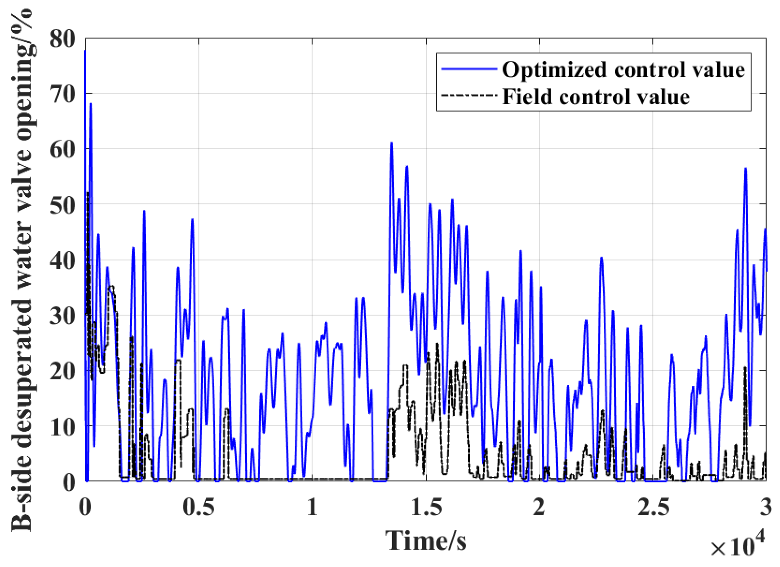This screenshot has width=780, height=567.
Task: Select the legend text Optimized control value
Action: tap(623, 69)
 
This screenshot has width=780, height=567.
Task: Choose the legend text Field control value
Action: tap(596, 97)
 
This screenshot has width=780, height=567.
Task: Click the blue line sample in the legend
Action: tap(469, 69)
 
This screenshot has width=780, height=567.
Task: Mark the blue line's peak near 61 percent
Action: tap(392, 143)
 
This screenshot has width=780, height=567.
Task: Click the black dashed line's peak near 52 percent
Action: tap(88, 193)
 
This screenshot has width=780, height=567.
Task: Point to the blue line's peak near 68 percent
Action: tap(90, 104)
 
